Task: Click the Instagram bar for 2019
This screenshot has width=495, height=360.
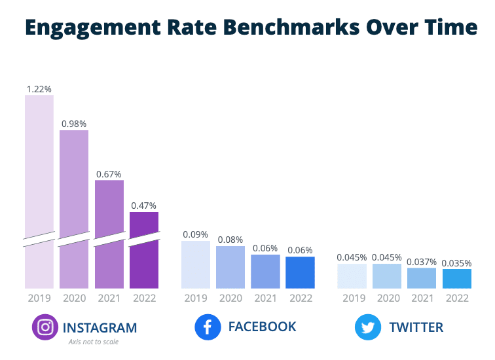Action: pos(39,190)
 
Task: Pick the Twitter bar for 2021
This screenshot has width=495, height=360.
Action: pos(422,278)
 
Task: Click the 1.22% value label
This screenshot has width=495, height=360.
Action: pos(39,88)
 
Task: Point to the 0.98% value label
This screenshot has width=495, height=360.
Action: pos(74,123)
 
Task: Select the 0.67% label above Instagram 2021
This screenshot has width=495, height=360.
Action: pos(109,173)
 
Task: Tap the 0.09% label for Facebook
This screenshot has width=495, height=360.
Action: pos(196,234)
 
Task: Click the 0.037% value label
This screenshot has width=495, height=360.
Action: pos(422,261)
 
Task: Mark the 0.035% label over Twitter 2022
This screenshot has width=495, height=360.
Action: pos(456,262)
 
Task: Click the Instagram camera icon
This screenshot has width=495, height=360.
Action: pos(45,327)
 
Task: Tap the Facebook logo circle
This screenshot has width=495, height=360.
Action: pos(208,327)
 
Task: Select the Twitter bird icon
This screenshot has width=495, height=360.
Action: pos(368,327)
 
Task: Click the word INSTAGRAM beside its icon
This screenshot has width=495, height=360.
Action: pos(100,327)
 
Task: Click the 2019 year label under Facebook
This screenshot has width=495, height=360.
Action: pos(196,298)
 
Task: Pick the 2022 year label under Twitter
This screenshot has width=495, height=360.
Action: pos(456,298)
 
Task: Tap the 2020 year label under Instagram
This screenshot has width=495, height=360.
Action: pos(74,298)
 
